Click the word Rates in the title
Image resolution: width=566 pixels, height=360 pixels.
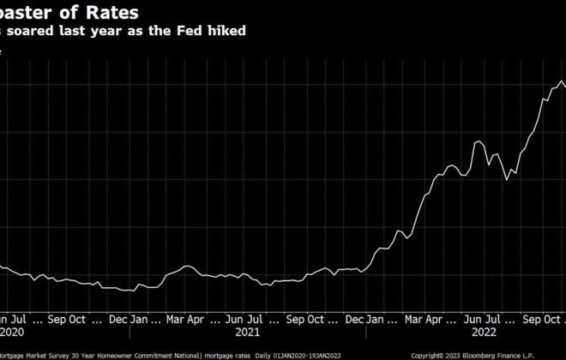pos(112,12)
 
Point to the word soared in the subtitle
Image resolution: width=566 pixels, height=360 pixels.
pos(35,31)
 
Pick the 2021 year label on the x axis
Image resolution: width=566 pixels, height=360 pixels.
pos(247,330)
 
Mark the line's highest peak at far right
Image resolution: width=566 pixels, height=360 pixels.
pos(561,82)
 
